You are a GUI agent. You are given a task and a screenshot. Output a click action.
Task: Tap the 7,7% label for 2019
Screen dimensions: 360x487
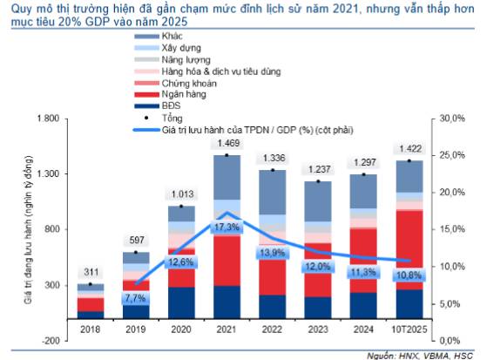point(134,297)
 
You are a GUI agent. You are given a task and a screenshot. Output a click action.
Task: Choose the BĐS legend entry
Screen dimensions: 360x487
point(173,103)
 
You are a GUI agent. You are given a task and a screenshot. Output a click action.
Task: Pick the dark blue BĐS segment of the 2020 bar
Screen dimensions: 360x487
point(181,302)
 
